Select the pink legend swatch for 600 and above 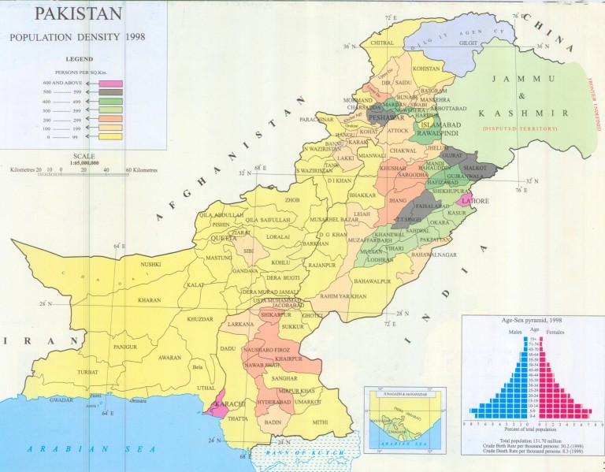point(109,84)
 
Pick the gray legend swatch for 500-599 point(109,93)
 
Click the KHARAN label point(148,300)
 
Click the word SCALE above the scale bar point(84,156)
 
